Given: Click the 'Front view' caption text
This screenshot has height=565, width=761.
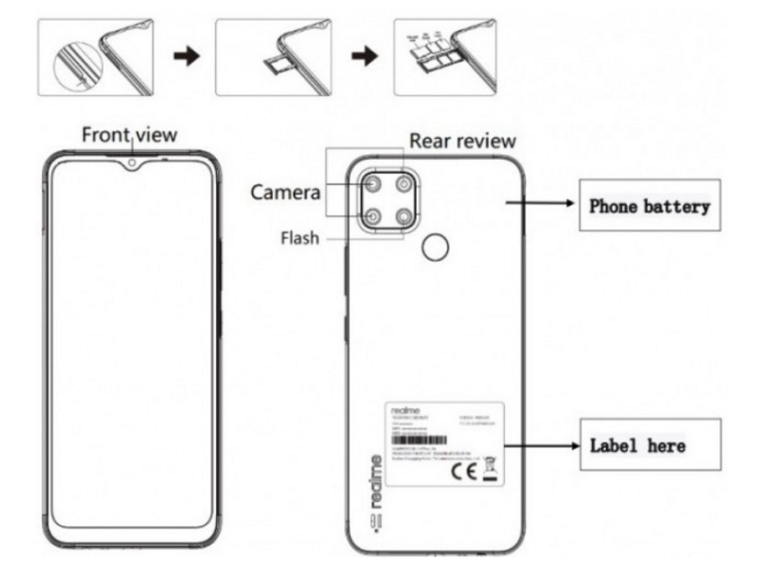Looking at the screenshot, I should (x=128, y=134).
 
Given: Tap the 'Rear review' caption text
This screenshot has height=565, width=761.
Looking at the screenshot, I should (x=462, y=141).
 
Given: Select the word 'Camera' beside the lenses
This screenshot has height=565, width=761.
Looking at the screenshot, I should (x=285, y=192).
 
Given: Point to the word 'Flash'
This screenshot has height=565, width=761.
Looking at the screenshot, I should (x=299, y=238).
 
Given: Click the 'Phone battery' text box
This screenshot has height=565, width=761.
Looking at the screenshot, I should (x=650, y=205).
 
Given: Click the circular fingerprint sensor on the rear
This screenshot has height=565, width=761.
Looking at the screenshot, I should (x=435, y=248).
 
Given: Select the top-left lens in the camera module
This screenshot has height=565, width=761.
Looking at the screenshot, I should (x=373, y=184).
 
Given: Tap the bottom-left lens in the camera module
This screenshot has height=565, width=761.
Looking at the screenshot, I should (x=373, y=218).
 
